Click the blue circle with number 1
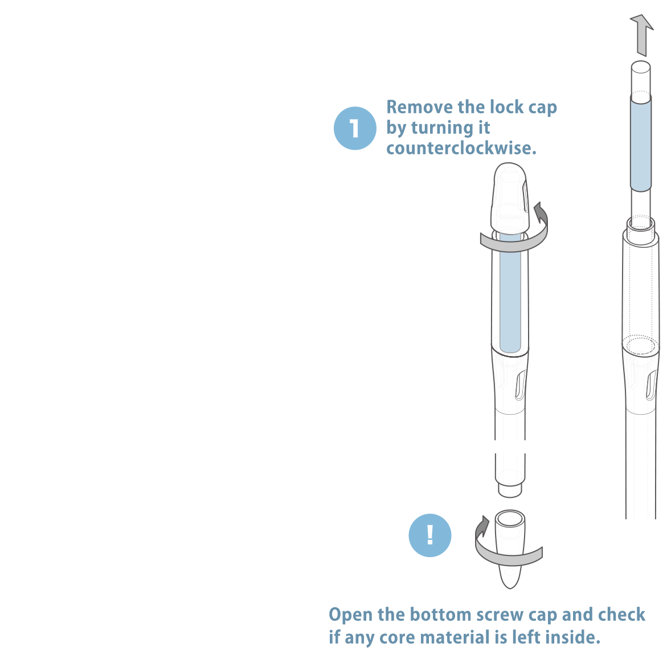tap(355, 128)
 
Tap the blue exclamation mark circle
tap(429, 535)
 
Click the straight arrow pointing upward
tap(641, 35)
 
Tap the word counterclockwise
tap(461, 148)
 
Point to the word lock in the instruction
tap(507, 107)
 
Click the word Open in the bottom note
tap(350, 615)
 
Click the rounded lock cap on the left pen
tap(510, 197)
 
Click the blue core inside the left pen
tap(510, 293)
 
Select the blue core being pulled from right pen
tap(641, 143)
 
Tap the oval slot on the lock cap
tap(525, 197)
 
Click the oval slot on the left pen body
tap(520, 386)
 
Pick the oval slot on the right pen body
tap(651, 386)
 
